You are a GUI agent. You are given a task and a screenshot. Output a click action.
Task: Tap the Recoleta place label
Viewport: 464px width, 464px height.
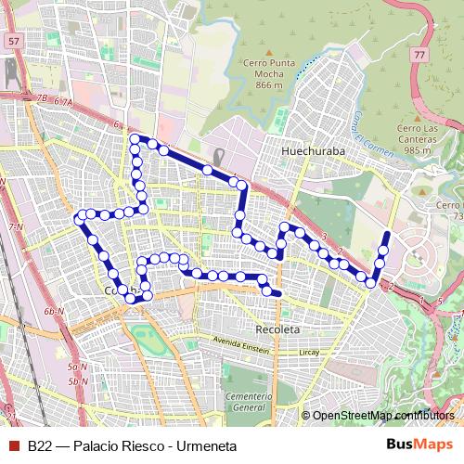tap(276, 329)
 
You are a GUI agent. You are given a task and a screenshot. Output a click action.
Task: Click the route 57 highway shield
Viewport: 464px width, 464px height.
tap(12, 43)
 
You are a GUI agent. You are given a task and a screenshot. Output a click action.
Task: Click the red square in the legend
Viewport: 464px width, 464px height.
tap(13, 445)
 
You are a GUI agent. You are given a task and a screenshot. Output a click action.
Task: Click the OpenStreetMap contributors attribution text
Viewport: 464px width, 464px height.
tap(382, 416)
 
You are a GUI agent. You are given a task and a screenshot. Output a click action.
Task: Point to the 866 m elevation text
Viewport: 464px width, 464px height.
tap(269, 84)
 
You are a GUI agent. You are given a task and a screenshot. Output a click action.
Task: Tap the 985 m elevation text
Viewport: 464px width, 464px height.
tap(419, 149)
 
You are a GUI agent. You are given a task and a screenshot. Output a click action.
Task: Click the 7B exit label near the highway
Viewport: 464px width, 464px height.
tap(41, 97)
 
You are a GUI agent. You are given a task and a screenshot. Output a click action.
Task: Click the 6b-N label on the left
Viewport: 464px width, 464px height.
tap(52, 312)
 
